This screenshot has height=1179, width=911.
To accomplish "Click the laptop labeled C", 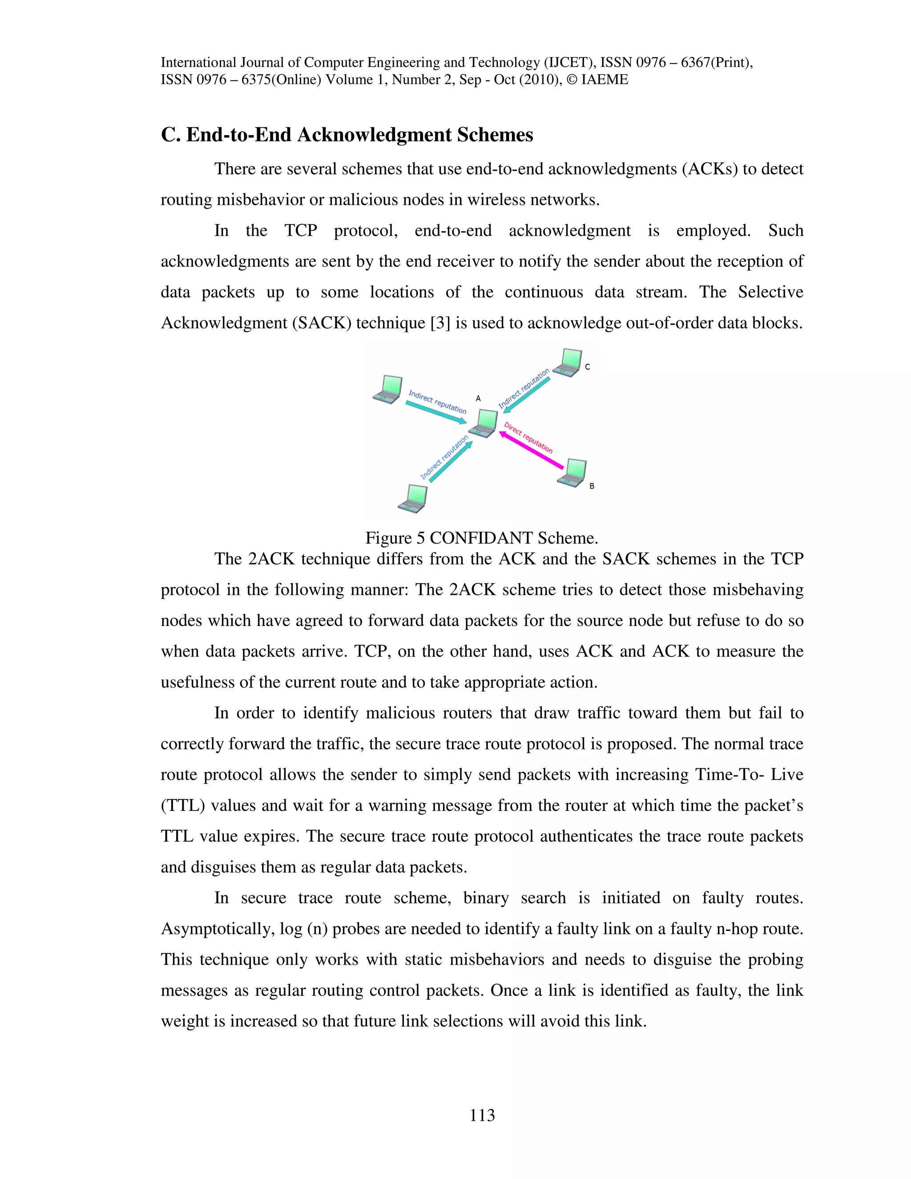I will [568, 362].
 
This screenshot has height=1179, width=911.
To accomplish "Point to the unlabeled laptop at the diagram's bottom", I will [413, 498].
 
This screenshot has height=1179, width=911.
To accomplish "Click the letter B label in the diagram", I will [592, 486].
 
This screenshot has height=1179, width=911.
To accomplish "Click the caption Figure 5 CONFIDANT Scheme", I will [481, 538].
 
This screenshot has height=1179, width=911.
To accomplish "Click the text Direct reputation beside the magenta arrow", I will [528, 437].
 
